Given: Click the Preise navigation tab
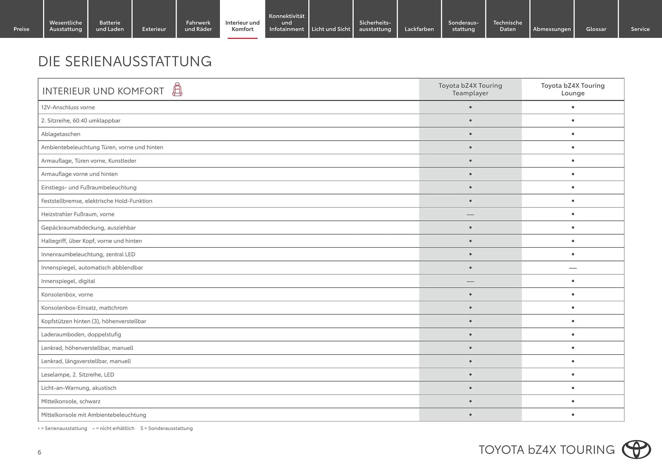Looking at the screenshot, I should [21, 29].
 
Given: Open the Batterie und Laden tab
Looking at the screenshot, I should [110, 26].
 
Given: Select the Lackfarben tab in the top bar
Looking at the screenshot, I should [419, 29].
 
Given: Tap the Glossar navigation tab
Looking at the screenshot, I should [596, 29].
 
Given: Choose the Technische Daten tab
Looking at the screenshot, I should [508, 26].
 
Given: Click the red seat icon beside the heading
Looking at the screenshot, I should [177, 90].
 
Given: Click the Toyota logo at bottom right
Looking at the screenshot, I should [636, 449].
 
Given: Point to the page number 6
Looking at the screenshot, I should [39, 452].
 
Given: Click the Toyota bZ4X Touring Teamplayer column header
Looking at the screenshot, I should [470, 89].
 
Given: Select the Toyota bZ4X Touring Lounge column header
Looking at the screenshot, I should [573, 89].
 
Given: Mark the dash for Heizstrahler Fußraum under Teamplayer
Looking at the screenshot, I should [470, 215].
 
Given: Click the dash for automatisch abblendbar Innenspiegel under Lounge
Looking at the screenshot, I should [573, 268].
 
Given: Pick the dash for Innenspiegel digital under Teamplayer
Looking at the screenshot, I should [470, 282].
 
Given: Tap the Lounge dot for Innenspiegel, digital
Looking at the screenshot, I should [573, 281].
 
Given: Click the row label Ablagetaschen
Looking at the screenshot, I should [61, 134].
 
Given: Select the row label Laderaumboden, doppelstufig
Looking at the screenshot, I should [81, 335].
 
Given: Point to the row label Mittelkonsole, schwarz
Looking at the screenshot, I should [71, 401].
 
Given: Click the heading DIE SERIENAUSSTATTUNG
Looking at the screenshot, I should [125, 61].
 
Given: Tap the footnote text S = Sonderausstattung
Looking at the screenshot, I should [167, 428].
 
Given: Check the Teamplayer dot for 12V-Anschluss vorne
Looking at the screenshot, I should [470, 107].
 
